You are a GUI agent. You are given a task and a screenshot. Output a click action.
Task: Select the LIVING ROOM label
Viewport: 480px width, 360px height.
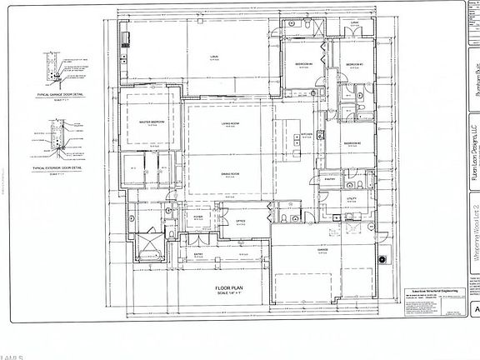(x=231, y=122)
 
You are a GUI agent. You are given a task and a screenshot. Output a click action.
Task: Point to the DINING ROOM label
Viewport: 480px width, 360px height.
(x=231, y=172)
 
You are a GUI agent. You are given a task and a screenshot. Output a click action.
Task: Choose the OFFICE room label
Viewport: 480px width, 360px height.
(x=240, y=221)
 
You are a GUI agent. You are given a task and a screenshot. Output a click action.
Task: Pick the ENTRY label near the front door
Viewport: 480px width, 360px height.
(x=199, y=254)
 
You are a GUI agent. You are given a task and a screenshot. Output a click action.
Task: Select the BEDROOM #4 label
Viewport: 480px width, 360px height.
(x=303, y=63)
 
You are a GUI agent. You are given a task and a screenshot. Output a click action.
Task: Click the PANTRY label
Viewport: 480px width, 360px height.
(x=329, y=178)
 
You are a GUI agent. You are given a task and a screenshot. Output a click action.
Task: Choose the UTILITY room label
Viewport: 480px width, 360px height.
(x=352, y=198)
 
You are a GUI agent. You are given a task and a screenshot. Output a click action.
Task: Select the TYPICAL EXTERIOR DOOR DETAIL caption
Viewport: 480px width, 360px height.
(x=63, y=167)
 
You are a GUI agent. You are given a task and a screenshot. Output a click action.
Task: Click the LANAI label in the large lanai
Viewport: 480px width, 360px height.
(x=214, y=56)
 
